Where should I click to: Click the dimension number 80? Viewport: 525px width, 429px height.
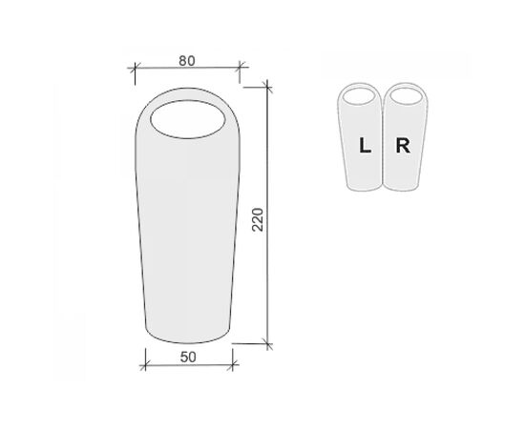(187, 61)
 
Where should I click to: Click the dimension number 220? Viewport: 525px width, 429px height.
(258, 219)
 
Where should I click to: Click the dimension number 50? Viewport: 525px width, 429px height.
(188, 357)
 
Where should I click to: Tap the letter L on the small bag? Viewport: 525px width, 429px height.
(365, 146)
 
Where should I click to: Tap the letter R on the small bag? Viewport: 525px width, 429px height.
(403, 146)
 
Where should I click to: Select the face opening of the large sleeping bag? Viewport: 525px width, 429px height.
(187, 119)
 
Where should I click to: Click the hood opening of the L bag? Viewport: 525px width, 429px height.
(359, 96)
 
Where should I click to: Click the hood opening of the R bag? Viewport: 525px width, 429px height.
(405, 96)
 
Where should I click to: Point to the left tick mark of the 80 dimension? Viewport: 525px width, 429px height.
(135, 68)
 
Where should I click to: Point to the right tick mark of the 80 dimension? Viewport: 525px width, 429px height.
(240, 67)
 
